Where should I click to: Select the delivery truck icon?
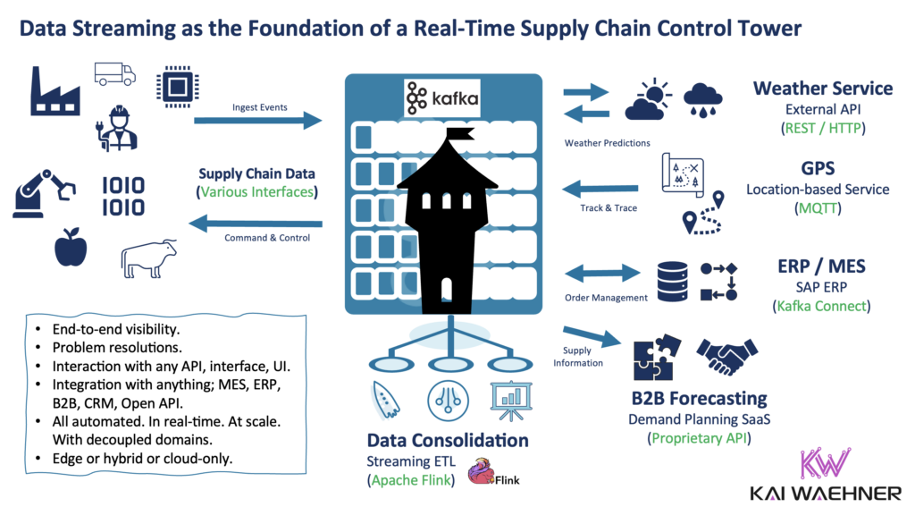coord(115,73)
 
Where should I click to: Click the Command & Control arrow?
coord(258,224)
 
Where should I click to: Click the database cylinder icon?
coord(671,281)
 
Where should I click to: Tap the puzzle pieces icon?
coord(657,362)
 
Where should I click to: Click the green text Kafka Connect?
coord(820,306)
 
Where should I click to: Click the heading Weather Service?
coord(822,89)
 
